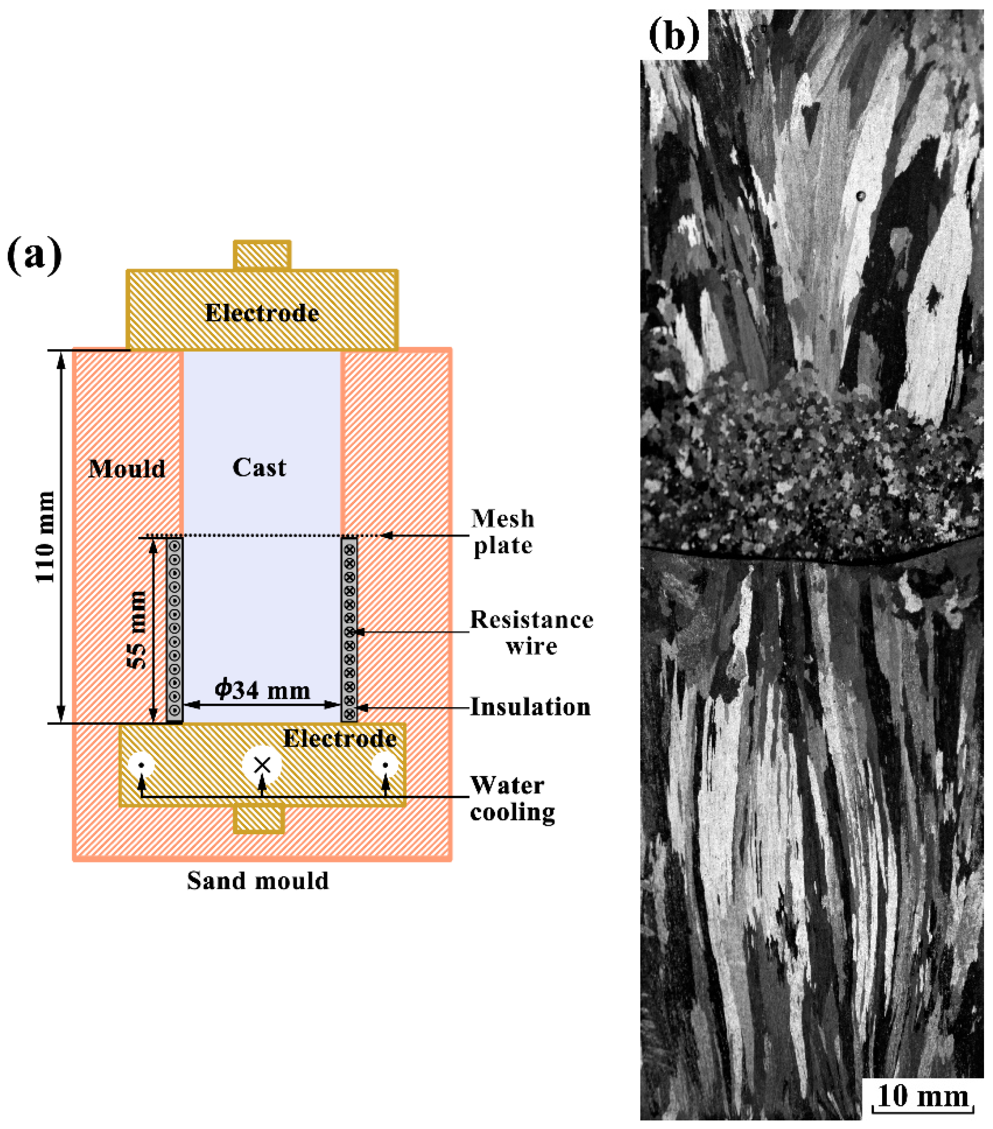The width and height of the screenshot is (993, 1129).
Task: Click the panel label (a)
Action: [x=34, y=255]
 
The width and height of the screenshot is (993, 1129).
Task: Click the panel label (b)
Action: [x=674, y=34]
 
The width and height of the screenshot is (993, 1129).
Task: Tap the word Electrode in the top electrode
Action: [x=262, y=313]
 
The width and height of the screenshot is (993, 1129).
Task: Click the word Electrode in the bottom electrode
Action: [x=340, y=738]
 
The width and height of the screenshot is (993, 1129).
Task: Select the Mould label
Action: [x=127, y=469]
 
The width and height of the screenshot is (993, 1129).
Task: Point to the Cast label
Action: [x=259, y=468]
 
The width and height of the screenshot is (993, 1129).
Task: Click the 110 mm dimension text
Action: [x=45, y=536]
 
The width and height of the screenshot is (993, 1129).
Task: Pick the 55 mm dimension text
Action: [x=137, y=630]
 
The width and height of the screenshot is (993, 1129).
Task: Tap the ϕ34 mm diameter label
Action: [x=262, y=690]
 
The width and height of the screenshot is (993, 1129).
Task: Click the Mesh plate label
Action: [x=502, y=532]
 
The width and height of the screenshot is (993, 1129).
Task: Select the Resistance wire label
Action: [x=531, y=632]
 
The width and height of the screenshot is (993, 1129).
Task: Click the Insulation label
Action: [x=530, y=707]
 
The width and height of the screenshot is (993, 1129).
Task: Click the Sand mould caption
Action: [x=258, y=880]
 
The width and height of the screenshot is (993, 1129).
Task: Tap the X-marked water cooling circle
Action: [x=262, y=765]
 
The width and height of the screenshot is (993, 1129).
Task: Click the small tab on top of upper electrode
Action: [x=262, y=255]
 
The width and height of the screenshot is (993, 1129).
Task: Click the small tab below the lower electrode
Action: [x=259, y=819]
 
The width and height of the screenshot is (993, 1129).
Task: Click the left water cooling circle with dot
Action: [x=142, y=765]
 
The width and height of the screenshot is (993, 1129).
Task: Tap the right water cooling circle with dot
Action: [x=385, y=765]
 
